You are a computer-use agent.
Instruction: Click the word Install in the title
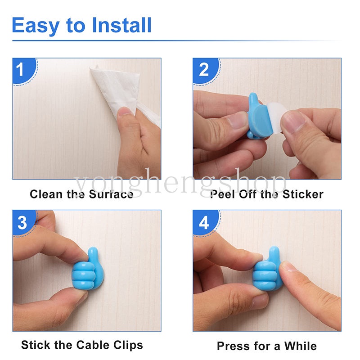click(x=121, y=26)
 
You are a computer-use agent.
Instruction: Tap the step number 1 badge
click(x=21, y=70)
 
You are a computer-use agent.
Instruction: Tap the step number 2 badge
click(x=204, y=70)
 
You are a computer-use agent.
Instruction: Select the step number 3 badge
click(x=22, y=223)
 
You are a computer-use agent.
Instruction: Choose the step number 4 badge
click(x=204, y=223)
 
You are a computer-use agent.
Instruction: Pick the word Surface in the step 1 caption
click(x=111, y=194)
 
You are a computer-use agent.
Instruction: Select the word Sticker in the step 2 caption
click(x=302, y=194)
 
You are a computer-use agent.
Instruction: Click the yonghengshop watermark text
click(x=180, y=183)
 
